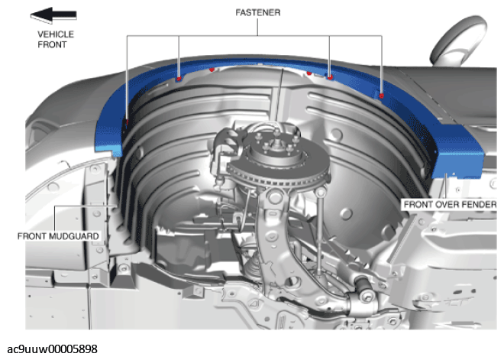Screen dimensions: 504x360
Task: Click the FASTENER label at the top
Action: (258, 12)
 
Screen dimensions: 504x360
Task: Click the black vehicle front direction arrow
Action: (53, 15)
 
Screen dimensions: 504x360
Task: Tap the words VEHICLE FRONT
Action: (56, 39)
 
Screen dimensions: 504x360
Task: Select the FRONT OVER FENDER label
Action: (450, 205)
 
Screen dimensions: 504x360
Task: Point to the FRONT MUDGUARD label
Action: (58, 236)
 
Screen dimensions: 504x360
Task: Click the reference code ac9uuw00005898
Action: (52, 349)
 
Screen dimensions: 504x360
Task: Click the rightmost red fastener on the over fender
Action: (382, 96)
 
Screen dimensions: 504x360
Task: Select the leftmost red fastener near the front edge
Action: (128, 122)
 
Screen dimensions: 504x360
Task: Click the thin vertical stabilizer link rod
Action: (319, 232)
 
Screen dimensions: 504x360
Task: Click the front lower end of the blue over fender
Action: (108, 144)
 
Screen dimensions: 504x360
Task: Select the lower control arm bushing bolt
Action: (366, 295)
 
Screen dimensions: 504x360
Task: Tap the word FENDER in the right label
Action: (478, 205)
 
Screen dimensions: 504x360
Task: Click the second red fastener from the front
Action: (179, 79)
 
